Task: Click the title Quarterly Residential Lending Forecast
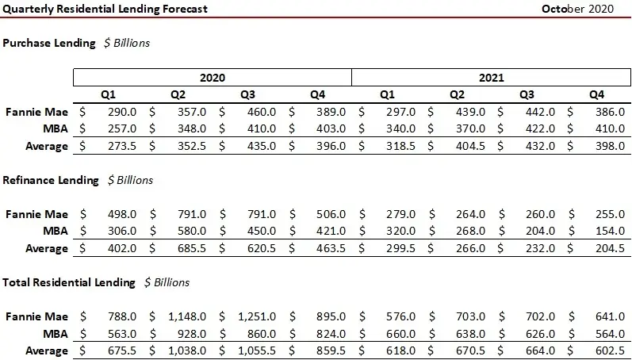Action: pos(105,9)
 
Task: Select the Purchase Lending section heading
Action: pos(49,43)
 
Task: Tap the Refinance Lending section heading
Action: pos(52,180)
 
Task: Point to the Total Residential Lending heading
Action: pos(70,282)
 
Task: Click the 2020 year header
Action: pos(212,78)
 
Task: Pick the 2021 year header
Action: pos(492,78)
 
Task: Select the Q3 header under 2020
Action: pos(247,94)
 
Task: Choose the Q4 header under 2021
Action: pos(596,94)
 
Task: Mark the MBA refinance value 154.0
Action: pos(611,232)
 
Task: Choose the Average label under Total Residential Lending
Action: pos(47,350)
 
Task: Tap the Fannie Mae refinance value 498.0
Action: pos(122,214)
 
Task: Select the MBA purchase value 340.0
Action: pos(401,128)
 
